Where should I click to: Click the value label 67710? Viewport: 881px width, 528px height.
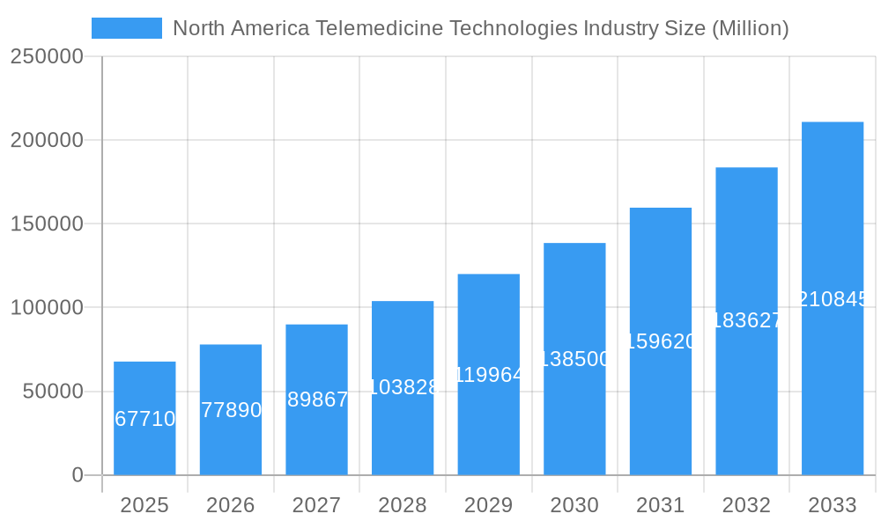145,419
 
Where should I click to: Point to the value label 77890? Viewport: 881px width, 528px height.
231,410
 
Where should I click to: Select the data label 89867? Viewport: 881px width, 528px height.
317,400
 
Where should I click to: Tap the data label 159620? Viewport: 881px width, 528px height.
661,341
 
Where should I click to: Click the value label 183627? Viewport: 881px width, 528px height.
746,320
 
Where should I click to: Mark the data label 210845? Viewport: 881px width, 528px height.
833,299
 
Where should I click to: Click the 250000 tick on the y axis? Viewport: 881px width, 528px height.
47,57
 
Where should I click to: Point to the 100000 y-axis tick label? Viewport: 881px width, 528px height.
47,308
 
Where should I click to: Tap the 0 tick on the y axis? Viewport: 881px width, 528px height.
78,475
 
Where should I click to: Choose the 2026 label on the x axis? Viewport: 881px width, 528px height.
231,505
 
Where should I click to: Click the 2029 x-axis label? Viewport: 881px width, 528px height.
488,505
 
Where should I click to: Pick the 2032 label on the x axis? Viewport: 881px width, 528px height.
746,505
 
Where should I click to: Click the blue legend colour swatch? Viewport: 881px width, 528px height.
127,28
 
